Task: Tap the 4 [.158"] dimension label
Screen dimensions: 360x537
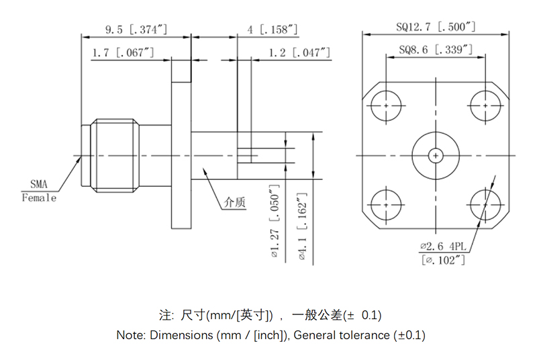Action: pyautogui.click(x=273, y=30)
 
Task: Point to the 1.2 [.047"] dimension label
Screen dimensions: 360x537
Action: pyautogui.click(x=300, y=52)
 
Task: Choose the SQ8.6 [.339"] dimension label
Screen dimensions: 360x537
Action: pyautogui.click(x=436, y=50)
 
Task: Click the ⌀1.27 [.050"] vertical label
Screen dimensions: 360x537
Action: pyautogui.click(x=274, y=221)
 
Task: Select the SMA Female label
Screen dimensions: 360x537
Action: pyautogui.click(x=39, y=190)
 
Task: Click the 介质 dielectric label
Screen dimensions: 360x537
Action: pyautogui.click(x=235, y=201)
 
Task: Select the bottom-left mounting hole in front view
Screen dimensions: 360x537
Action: pyautogui.click(x=387, y=204)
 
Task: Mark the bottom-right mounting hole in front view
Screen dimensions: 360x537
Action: pyautogui.click(x=485, y=204)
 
